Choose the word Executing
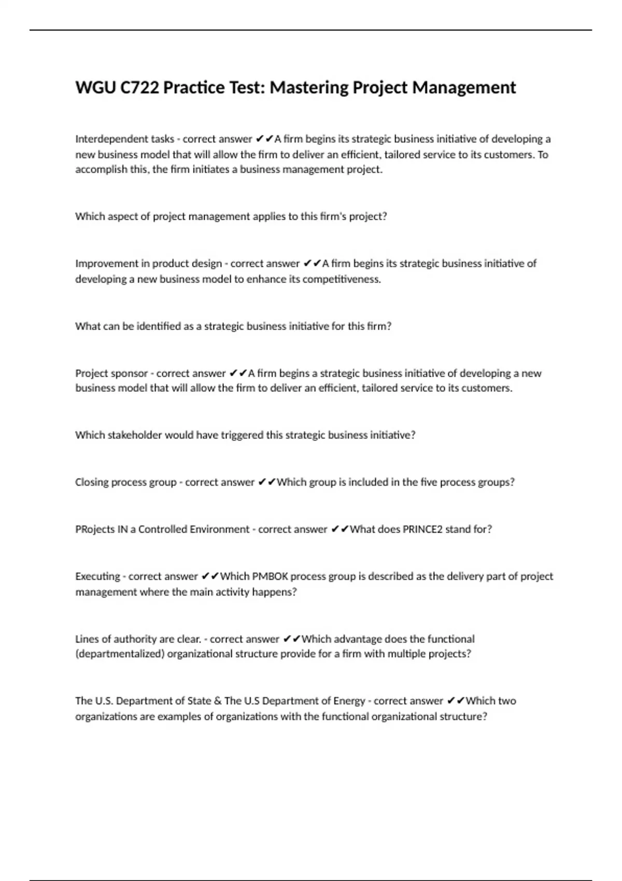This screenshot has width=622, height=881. click(97, 576)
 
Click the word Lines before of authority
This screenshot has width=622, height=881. click(86, 639)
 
